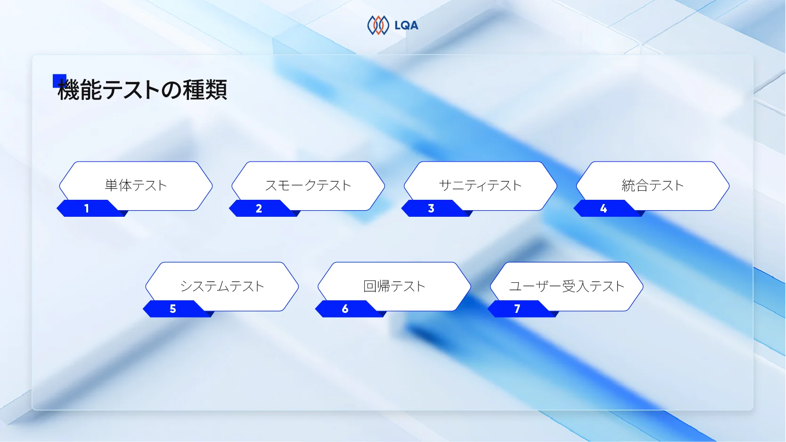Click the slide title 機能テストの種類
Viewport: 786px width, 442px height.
coord(142,90)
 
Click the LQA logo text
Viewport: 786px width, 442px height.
coord(406,25)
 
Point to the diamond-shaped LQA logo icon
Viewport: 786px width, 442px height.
coord(378,25)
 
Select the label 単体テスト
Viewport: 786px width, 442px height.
coord(136,185)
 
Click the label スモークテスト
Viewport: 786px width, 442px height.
coord(308,185)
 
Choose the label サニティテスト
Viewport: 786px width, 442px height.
coord(480,185)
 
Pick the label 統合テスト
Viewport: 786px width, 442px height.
coord(653,185)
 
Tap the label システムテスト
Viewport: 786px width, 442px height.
coord(222,286)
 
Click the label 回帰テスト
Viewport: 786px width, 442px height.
coord(394,286)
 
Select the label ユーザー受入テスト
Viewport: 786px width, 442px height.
coord(566,286)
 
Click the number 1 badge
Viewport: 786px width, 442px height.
coord(87,208)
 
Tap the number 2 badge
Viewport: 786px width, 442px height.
coord(259,208)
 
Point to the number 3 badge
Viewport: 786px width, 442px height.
coord(431,208)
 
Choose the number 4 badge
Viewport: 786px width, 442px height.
coord(604,208)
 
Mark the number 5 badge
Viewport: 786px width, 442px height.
coord(173,309)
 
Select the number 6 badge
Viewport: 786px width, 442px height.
coord(345,309)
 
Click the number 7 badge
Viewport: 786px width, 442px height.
coord(517,309)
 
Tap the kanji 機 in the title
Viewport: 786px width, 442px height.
coord(69,90)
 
